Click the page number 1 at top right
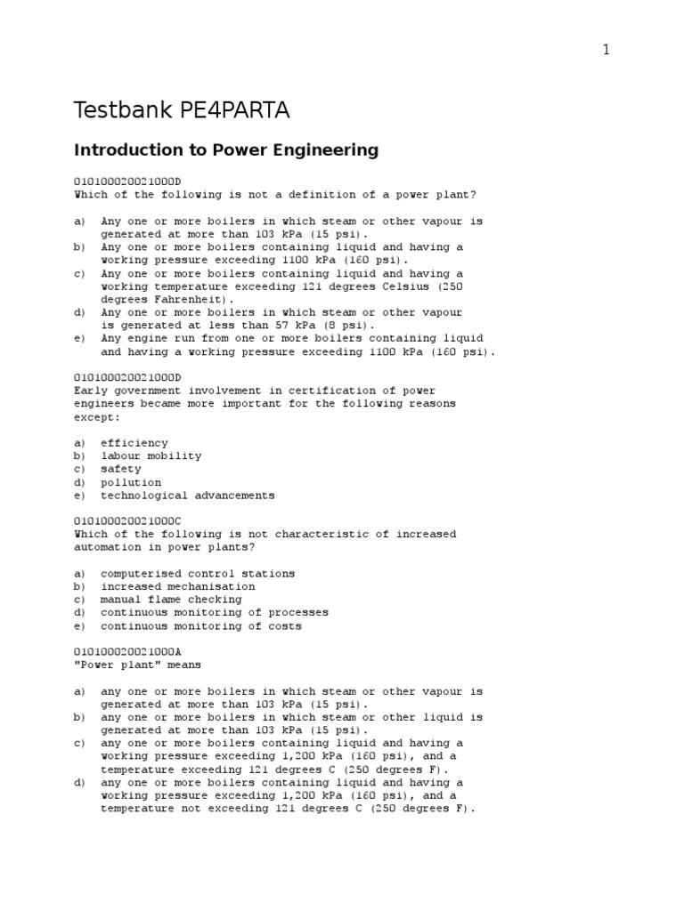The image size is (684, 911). [x=607, y=51]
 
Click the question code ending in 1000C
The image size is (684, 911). [x=127, y=521]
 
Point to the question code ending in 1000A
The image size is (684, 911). [x=127, y=651]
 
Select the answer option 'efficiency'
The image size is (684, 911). [x=134, y=443]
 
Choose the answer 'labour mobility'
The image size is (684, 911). [x=151, y=456]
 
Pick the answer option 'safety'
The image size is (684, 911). [x=120, y=469]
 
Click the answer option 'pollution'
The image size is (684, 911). [x=131, y=482]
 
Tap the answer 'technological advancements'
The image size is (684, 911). [x=187, y=496]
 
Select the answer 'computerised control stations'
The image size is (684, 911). [x=197, y=574]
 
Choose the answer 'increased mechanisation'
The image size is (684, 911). [x=177, y=587]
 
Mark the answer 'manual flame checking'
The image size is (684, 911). [x=170, y=600]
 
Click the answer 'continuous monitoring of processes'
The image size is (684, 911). [x=214, y=613]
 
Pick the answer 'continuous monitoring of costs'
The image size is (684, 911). [x=200, y=626]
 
